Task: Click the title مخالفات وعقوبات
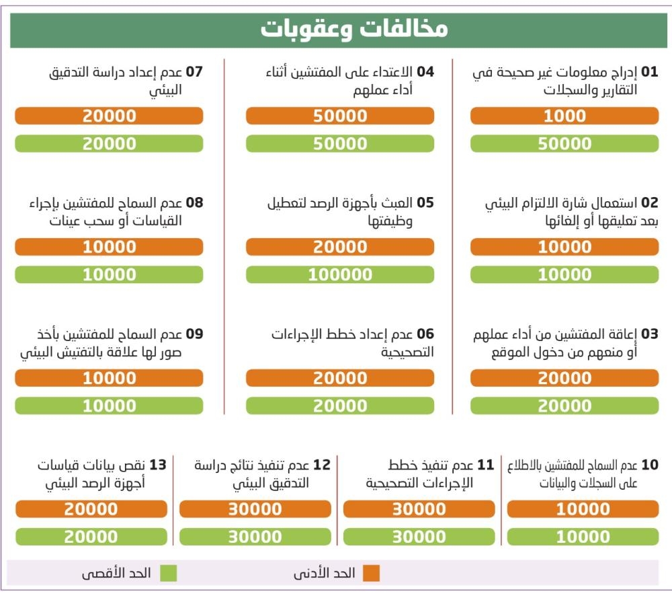tap(353, 30)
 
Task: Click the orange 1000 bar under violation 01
tap(564, 116)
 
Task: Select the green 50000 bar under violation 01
tap(564, 144)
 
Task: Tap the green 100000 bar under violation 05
tap(340, 274)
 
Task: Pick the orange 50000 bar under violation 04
tap(340, 116)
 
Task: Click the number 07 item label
tap(194, 72)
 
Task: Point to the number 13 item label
tap(158, 465)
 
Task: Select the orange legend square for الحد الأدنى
tap(371, 573)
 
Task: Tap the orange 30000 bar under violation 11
tap(419, 509)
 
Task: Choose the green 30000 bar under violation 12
tap(255, 537)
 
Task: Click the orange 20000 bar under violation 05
tap(340, 247)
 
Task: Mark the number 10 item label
tap(650, 465)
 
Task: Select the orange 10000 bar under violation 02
tap(564, 247)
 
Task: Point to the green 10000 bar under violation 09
tap(109, 406)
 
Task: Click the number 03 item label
tap(650, 334)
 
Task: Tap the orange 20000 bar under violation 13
tap(91, 509)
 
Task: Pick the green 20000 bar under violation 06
tap(340, 406)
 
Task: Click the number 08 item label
tap(194, 203)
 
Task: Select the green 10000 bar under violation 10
tap(583, 537)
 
